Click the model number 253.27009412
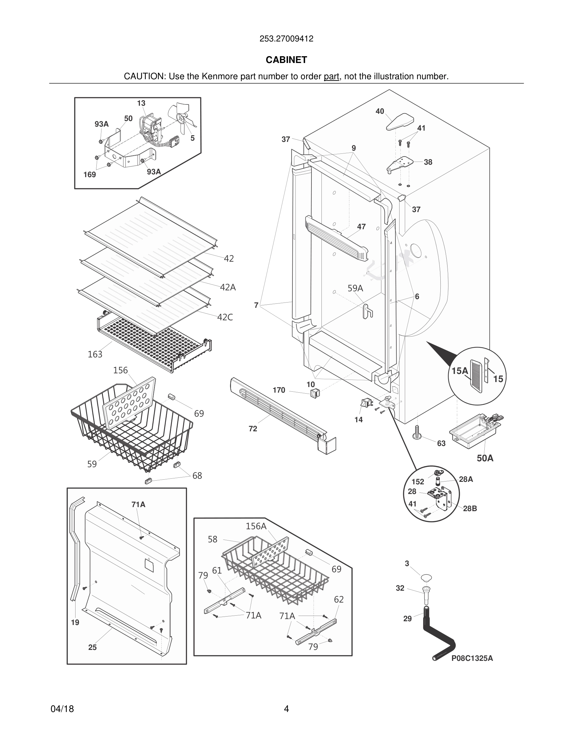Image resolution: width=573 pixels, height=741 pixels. tap(286, 39)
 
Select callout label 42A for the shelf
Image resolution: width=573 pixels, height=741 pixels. tap(228, 287)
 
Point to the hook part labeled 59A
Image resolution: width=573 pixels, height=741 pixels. tap(368, 311)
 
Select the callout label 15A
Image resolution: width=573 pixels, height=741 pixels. tap(460, 371)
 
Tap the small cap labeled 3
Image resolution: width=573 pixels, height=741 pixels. tap(426, 577)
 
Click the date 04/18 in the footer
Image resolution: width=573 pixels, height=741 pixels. tap(62, 709)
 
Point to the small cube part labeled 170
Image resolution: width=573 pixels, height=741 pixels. tap(315, 393)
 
